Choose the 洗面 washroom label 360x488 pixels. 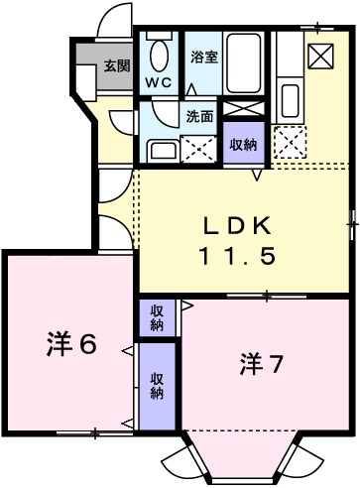[200, 115]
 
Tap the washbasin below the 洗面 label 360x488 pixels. [161, 150]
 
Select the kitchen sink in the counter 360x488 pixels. [291, 98]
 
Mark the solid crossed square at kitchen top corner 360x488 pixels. [321, 56]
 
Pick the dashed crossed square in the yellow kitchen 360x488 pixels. [291, 143]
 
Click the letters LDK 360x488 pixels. [238, 223]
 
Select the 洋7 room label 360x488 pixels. [261, 364]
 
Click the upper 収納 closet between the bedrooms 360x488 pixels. [157, 317]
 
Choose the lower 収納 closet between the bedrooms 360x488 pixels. [157, 385]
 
